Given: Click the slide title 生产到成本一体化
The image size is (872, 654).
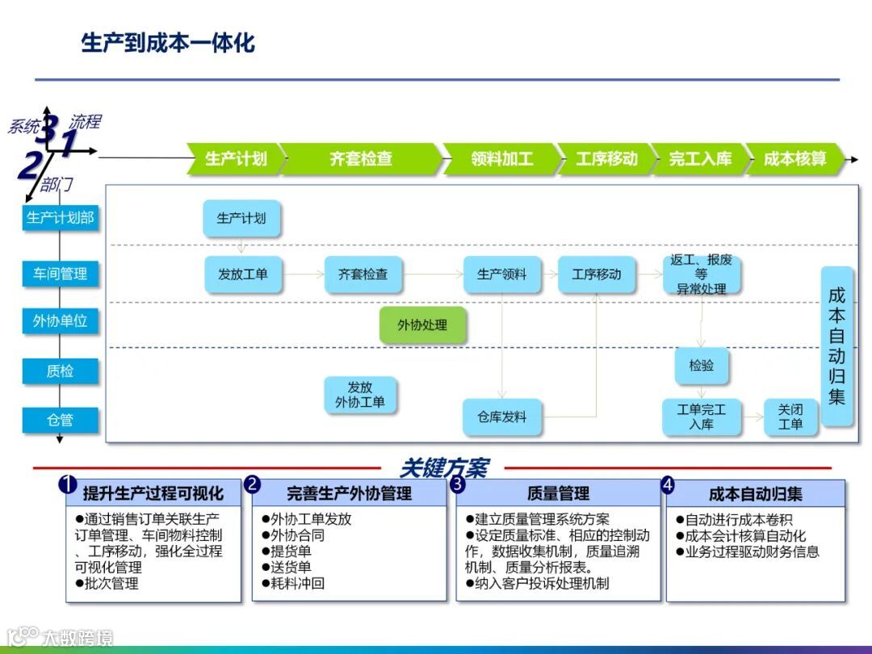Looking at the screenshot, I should tap(168, 43).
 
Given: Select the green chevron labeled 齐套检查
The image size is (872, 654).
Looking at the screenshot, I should tap(360, 159).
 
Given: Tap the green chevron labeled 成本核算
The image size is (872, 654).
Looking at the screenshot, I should tap(794, 159).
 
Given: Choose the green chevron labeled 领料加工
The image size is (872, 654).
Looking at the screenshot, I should tap(501, 159).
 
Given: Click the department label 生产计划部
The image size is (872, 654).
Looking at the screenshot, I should tap(61, 217).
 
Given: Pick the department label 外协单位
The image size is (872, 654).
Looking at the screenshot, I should tap(61, 321).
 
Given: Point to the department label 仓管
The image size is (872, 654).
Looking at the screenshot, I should tap(61, 420).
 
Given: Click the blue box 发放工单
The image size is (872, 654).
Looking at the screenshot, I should tap(242, 275).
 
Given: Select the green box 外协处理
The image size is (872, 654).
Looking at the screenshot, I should tap(422, 325).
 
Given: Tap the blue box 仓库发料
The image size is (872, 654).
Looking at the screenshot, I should tap(501, 417).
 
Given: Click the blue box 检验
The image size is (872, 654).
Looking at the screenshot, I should tap(701, 366).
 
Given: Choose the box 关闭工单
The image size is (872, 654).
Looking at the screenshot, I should tap(790, 417).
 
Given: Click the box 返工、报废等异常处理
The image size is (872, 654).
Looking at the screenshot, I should tap(700, 275).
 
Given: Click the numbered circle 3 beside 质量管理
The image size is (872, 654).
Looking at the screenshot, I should tap(457, 484).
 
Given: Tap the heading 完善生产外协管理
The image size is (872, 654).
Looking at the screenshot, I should tap(349, 493).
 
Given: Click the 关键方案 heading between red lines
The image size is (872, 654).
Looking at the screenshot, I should tap(443, 467).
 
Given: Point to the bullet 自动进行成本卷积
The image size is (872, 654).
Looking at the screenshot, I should tap(738, 520).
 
